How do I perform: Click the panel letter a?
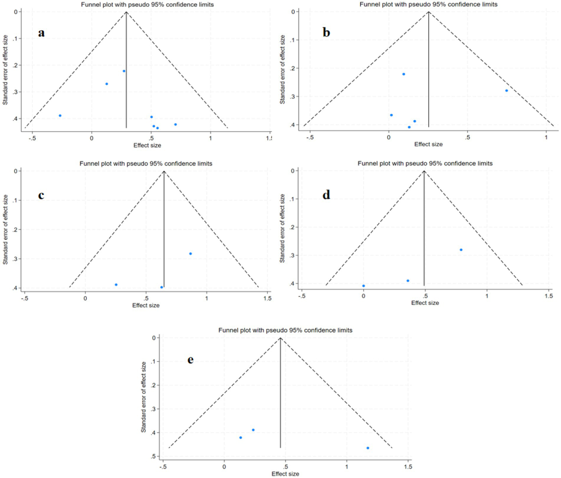click(41, 33)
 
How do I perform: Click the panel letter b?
click(326, 33)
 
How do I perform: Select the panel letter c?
click(41, 195)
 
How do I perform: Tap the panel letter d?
click(326, 194)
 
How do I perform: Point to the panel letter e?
click(190, 360)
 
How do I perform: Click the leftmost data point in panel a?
click(60, 115)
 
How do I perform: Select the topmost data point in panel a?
click(124, 71)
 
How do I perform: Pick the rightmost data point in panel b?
click(507, 91)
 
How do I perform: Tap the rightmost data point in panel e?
click(368, 448)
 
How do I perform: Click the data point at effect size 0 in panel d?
click(363, 286)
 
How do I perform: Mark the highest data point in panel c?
click(190, 254)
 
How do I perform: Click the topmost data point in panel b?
click(403, 74)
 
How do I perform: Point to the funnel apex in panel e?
click(280, 338)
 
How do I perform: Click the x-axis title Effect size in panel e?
click(285, 474)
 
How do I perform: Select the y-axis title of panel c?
click(5, 229)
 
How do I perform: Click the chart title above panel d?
click(425, 163)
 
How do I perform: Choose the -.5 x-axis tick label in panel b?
click(310, 137)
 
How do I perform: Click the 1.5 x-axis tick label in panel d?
click(549, 296)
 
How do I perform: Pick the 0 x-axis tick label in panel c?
click(85, 298)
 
